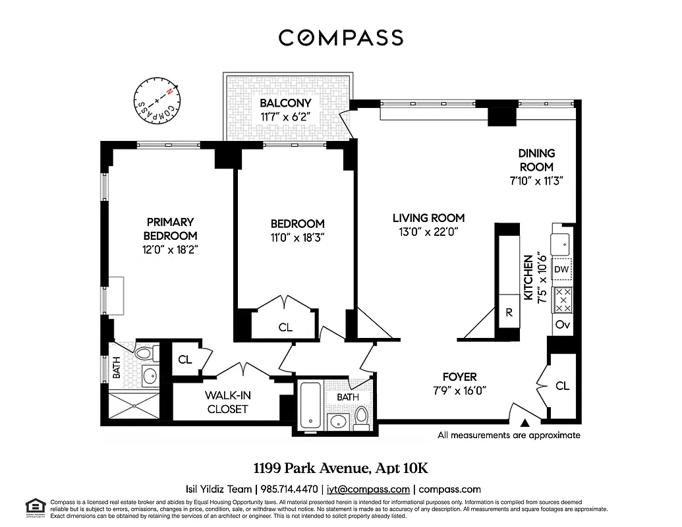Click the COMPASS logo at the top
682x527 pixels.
[341, 38]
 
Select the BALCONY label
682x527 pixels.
[285, 103]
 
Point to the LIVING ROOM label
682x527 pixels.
[428, 218]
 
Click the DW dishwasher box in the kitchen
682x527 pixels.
[561, 269]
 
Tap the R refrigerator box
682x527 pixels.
[509, 313]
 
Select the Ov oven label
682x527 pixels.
[561, 324]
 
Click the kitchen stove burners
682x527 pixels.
[562, 300]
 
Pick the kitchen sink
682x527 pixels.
[562, 244]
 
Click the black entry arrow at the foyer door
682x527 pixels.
[525, 422]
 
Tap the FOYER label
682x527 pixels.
[459, 377]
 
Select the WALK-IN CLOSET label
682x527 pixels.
[227, 402]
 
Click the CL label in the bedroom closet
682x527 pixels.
[285, 327]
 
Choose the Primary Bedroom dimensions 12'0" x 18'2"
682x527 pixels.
[170, 250]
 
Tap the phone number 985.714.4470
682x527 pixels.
[289, 489]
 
